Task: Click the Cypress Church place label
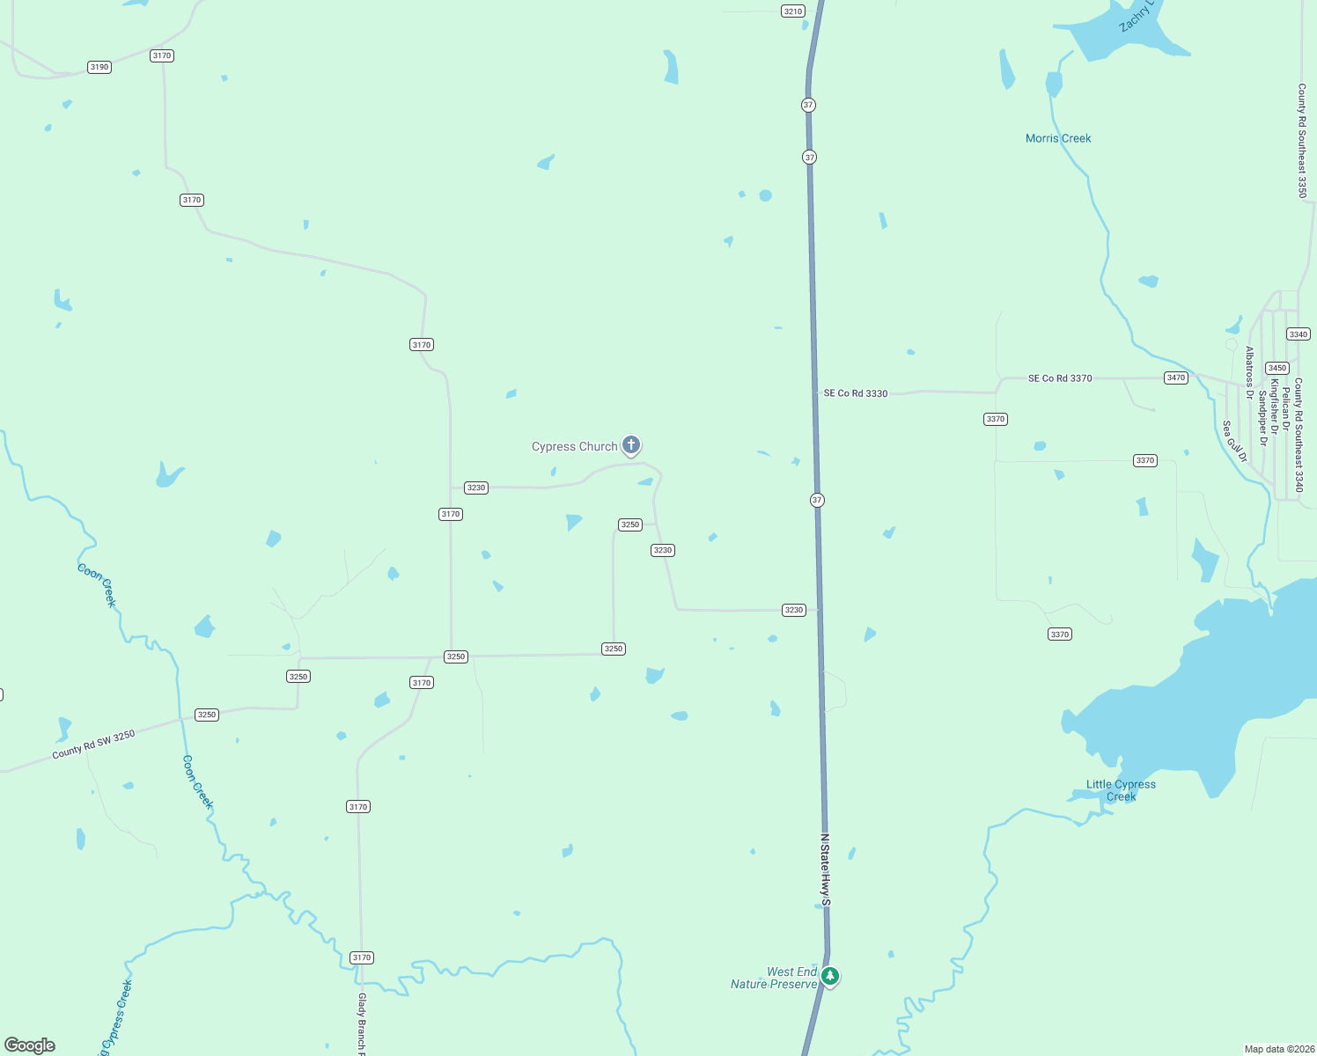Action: (x=574, y=447)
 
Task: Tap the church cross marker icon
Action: (x=631, y=445)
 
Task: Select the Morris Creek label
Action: (x=1058, y=138)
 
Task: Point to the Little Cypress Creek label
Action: (x=1121, y=790)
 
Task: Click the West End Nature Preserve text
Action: (x=774, y=978)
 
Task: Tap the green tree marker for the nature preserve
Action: (x=829, y=976)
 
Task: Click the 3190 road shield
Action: (x=99, y=67)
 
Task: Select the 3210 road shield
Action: (x=793, y=11)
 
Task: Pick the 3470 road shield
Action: (x=1176, y=378)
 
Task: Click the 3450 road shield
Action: (x=1277, y=368)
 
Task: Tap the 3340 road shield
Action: (x=1299, y=334)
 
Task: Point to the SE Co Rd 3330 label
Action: (x=856, y=393)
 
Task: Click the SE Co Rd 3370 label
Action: (x=1060, y=378)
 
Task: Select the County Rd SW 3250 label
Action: (x=93, y=744)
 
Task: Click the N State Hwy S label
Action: (x=825, y=869)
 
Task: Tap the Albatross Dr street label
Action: (x=1249, y=373)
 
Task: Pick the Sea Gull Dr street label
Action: (x=1234, y=441)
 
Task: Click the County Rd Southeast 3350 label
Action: (x=1302, y=141)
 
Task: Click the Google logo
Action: (x=30, y=1045)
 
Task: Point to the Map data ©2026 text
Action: (x=1278, y=1049)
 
